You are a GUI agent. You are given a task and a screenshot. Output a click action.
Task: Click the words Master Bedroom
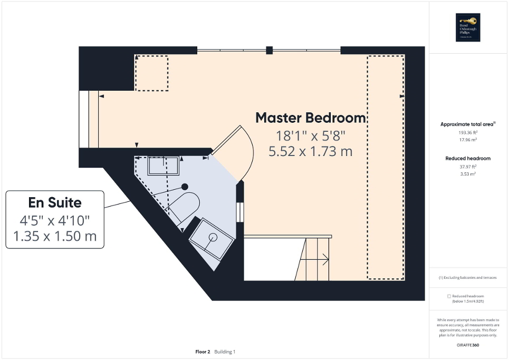[x=311, y=118]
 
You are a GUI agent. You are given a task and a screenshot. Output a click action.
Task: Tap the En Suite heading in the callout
[x=55, y=202]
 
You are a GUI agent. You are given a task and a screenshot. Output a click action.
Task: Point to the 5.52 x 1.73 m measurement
[x=311, y=152]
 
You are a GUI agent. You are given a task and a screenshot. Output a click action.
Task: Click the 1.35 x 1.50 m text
[x=55, y=236]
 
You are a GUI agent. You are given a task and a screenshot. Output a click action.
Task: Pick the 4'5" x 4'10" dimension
[x=55, y=219]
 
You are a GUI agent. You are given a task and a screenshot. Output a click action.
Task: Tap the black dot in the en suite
[x=185, y=186]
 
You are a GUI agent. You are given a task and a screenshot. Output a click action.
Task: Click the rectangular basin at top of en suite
[x=163, y=166]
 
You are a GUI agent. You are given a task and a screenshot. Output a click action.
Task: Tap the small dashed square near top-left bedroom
[x=152, y=73]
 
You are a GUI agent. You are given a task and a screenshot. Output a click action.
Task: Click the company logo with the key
[x=468, y=27]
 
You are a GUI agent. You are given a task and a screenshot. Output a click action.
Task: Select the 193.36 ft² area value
[x=468, y=133]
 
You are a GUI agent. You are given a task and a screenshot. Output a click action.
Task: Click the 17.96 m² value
[x=468, y=140]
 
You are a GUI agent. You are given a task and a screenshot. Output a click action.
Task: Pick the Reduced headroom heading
[x=468, y=158]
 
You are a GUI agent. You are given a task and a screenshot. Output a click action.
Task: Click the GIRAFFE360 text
[x=468, y=345]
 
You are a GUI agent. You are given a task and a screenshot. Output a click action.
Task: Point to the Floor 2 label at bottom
[x=203, y=352]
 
